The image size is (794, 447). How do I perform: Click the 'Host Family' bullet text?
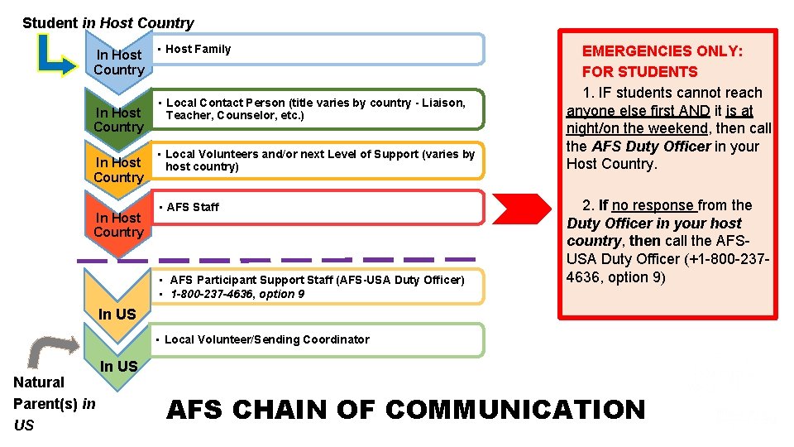[198, 49]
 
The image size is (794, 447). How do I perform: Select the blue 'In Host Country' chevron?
[118, 62]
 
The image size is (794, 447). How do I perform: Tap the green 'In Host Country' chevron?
[118, 119]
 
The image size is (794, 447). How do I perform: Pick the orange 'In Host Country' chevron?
[118, 170]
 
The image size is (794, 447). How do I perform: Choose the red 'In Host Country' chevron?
[118, 224]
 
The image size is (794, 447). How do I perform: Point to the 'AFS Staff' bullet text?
[193, 207]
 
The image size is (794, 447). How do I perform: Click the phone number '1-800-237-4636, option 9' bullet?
[237, 294]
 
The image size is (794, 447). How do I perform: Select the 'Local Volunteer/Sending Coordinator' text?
[266, 339]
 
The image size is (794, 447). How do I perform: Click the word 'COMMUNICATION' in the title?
[515, 410]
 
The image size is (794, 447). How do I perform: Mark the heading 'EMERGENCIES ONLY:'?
[662, 51]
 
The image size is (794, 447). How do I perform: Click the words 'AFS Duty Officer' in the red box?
[651, 146]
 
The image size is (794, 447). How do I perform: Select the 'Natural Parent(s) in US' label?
[54, 403]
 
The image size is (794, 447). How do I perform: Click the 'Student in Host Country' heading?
[108, 23]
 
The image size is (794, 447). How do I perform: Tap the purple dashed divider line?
[281, 260]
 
